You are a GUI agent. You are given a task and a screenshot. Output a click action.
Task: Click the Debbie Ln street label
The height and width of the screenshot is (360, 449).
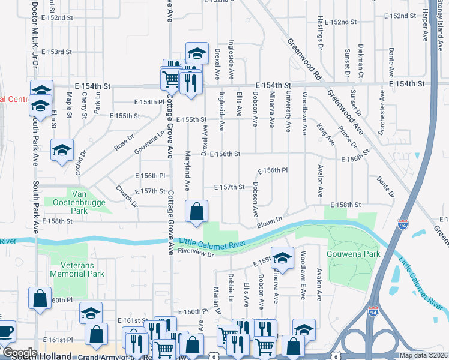[x=231, y=284]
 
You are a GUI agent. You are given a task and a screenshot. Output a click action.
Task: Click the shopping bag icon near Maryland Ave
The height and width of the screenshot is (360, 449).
[x=196, y=212]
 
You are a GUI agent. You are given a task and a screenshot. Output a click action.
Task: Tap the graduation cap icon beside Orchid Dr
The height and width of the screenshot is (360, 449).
[x=62, y=151]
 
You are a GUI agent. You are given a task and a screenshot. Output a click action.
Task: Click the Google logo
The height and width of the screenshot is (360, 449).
[x=19, y=353]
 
